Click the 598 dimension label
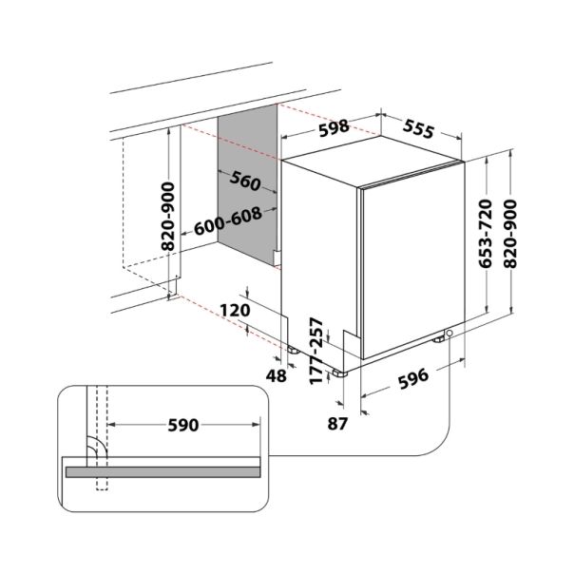(334, 127)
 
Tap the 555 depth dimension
(418, 129)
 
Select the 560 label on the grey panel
(245, 181)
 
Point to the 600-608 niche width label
(228, 221)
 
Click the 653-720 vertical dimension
(486, 234)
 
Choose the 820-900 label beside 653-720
(510, 234)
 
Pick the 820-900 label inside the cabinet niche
(168, 216)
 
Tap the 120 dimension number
(235, 311)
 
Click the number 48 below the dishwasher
(277, 375)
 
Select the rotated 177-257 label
(316, 351)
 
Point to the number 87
(337, 424)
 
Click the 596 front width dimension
(413, 379)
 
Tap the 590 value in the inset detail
(183, 425)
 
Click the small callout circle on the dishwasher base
(450, 333)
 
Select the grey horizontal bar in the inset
(163, 472)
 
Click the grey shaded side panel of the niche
(247, 185)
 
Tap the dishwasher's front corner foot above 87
(339, 373)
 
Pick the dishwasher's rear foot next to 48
(293, 350)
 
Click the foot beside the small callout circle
(438, 339)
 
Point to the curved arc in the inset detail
(100, 444)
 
